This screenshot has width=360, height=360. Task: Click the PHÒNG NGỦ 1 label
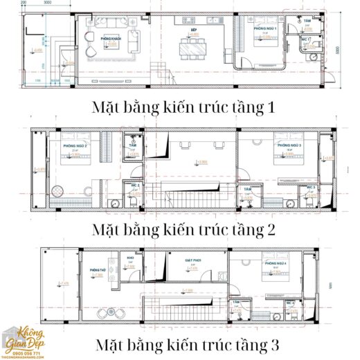tap(265, 29)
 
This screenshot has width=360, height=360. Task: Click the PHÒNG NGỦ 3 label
tap(289, 146)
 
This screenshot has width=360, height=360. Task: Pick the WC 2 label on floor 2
tap(136, 186)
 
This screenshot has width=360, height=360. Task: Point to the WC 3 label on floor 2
tap(310, 188)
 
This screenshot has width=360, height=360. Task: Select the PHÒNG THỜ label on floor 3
tap(98, 270)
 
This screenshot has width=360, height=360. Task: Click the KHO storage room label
tap(130, 258)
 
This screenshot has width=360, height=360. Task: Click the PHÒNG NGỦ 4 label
tap(275, 264)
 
